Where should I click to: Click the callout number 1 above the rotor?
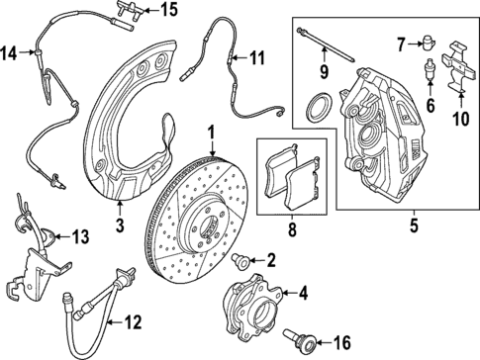tap(211, 132)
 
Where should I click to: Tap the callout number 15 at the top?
tap(169, 11)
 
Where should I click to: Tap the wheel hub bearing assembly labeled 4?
tap(255, 295)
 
